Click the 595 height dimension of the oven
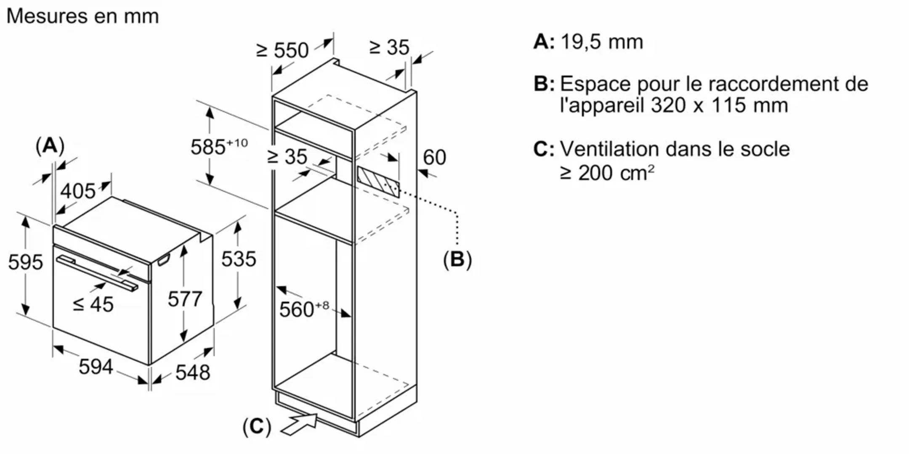25,262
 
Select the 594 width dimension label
96,367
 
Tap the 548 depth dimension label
192,372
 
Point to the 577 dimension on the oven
185,299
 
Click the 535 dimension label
239,259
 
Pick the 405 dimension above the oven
78,191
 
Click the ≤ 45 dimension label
93,304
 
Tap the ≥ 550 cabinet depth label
282,50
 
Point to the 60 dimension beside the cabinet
434,157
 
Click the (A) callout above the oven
50,146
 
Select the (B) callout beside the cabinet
457,259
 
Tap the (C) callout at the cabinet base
257,426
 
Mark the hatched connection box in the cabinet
378,182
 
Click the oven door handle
97,273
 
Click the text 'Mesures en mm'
83,16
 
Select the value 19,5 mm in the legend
602,42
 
